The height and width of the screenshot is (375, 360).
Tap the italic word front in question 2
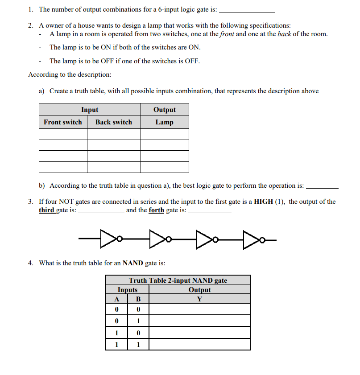227,34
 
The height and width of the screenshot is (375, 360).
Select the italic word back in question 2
284,34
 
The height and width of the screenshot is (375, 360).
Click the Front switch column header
63,122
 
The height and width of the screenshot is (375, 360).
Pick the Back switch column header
114,122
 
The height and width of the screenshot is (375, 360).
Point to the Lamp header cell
165,122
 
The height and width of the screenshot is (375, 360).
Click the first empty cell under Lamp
165,134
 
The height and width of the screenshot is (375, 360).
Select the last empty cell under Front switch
63,167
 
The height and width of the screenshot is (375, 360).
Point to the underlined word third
46,210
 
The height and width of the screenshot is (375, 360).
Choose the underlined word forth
156,210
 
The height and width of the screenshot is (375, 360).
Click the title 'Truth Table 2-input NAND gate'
178,280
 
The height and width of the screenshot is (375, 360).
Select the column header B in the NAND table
138,299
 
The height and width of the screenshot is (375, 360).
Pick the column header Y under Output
199,299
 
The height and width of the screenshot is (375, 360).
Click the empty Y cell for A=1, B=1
199,345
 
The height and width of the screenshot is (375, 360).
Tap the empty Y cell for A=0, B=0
199,309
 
